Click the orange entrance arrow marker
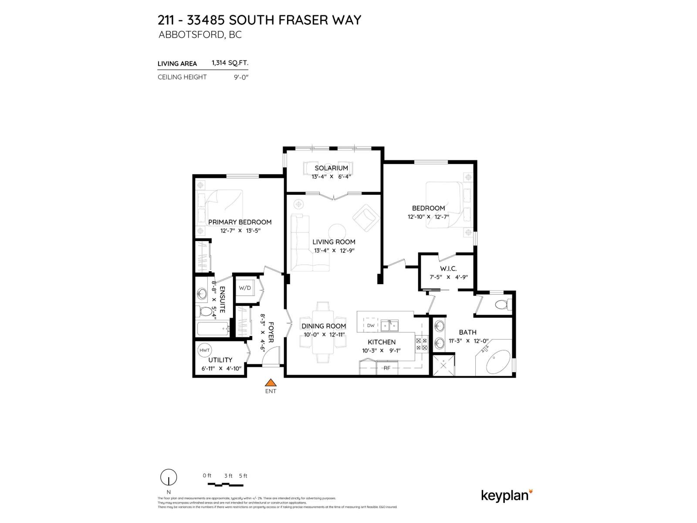click(271, 383)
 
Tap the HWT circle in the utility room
click(204, 350)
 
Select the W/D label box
click(245, 288)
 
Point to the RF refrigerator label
click(387, 368)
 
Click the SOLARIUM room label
click(331, 168)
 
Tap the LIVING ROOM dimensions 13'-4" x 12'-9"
click(334, 251)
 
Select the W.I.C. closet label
click(448, 268)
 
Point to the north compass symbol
click(169, 478)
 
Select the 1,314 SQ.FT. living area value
click(230, 63)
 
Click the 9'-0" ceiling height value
click(241, 77)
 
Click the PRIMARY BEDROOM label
click(240, 222)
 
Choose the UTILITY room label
click(220, 360)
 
